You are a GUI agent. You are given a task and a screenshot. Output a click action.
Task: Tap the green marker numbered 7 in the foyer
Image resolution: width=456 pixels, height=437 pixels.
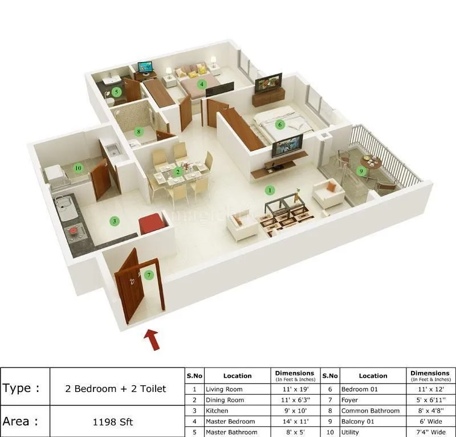point(149,275)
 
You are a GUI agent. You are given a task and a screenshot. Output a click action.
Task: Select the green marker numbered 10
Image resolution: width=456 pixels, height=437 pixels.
point(78,168)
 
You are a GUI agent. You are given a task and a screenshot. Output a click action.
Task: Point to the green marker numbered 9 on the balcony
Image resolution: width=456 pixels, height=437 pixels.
point(360,170)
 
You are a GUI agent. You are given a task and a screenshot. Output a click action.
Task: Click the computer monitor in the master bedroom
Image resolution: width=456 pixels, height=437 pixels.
point(145,67)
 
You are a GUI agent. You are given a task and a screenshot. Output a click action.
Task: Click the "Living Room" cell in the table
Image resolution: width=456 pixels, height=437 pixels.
point(224,389)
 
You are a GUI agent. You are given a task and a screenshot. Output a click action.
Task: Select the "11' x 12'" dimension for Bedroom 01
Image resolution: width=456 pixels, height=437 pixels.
point(429,389)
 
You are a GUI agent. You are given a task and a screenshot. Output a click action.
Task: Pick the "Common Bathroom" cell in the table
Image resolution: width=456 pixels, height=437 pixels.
point(370,411)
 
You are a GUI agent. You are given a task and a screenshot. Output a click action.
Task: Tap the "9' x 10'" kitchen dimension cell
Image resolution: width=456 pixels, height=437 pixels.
point(294,411)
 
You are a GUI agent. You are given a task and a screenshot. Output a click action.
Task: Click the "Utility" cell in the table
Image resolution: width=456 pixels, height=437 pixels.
point(350,432)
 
